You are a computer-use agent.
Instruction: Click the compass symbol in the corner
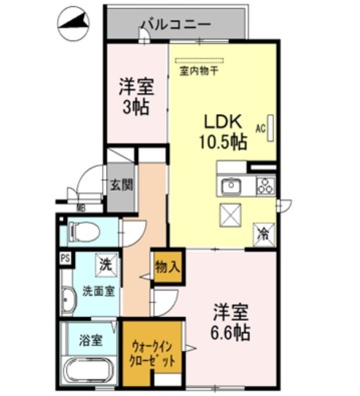72,23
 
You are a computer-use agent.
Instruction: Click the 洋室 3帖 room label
135,96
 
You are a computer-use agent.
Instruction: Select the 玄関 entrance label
121,184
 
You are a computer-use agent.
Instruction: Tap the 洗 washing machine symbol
106,265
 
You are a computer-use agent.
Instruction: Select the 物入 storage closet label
168,267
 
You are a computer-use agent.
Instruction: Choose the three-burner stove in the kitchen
265,186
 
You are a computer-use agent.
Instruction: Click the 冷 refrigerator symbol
264,234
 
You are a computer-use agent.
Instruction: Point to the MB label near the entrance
80,208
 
